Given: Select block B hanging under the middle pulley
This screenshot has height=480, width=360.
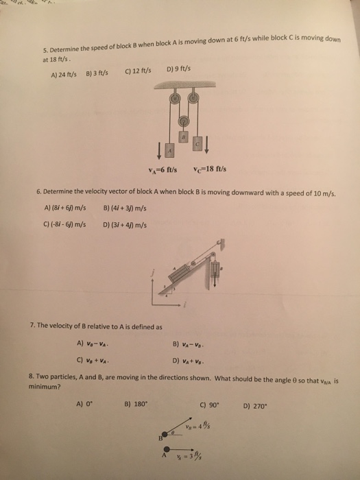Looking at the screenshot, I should pyautogui.click(x=183, y=139).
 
